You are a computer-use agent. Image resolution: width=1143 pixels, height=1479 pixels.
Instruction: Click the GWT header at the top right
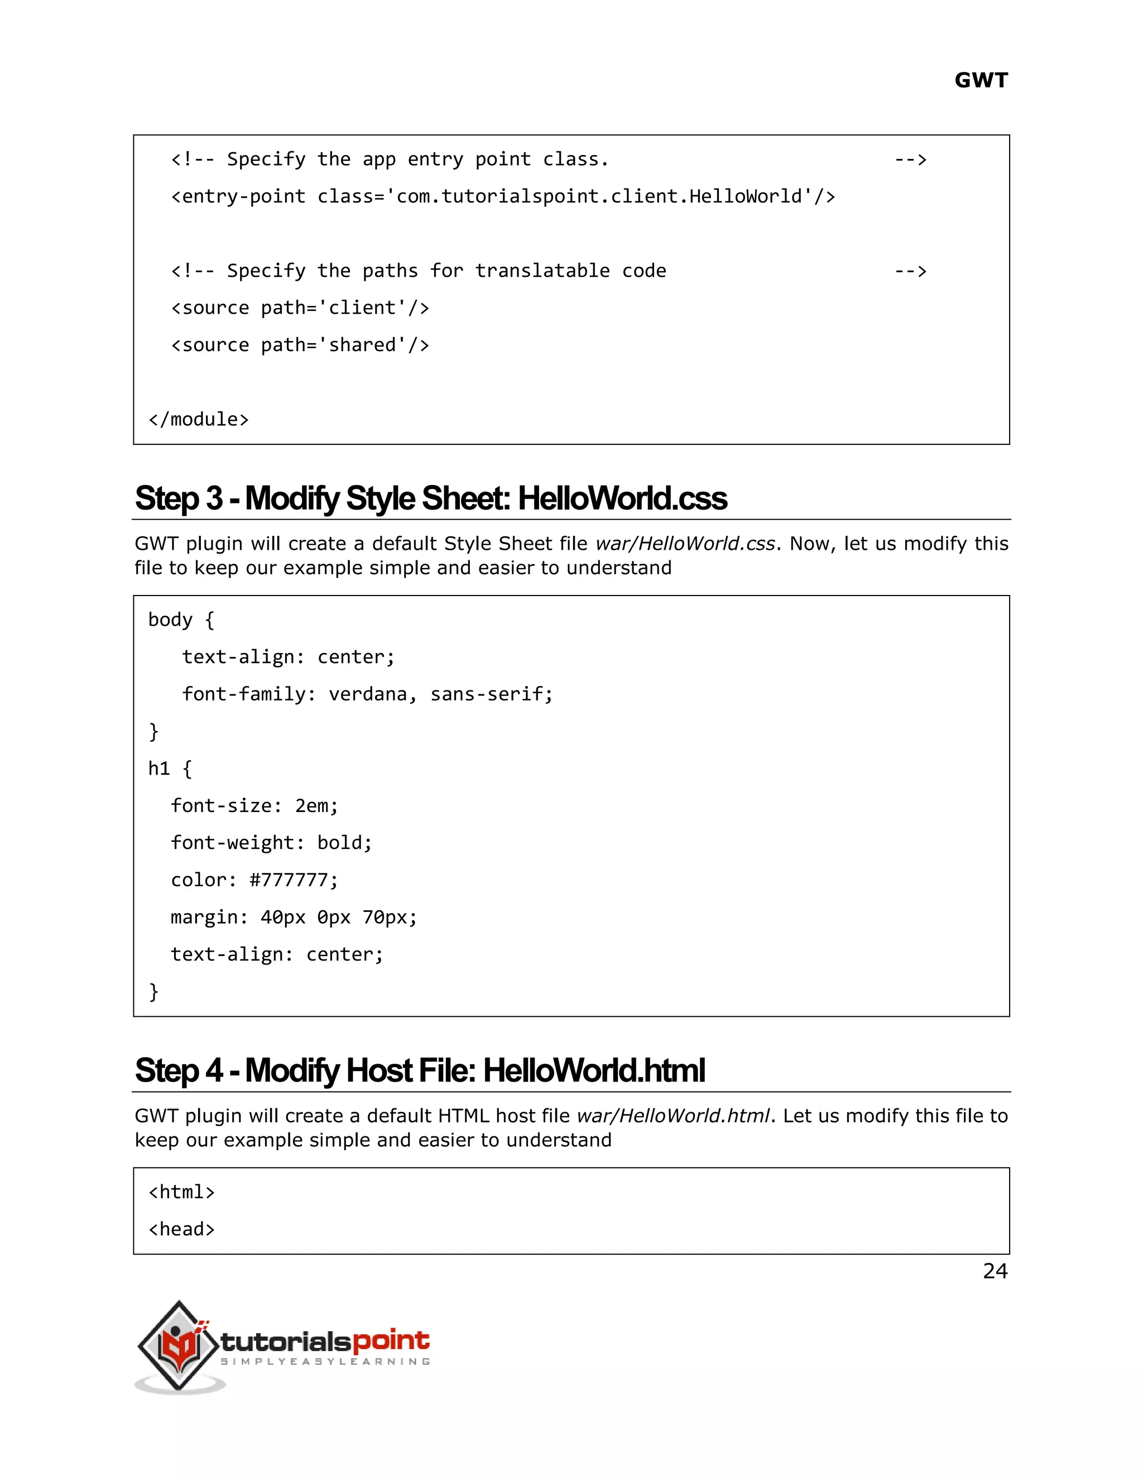pyautogui.click(x=981, y=80)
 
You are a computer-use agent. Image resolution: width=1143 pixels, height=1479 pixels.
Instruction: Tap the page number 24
pyautogui.click(x=995, y=1271)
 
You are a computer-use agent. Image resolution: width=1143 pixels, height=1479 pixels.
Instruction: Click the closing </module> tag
pyautogui.click(x=198, y=420)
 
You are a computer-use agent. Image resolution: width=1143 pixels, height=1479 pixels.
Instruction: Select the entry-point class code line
pyautogui.click(x=503, y=197)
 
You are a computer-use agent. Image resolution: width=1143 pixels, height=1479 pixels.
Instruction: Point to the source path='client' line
pyautogui.click(x=300, y=308)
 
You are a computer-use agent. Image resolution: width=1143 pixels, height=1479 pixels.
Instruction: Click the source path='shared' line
pyautogui.click(x=300, y=345)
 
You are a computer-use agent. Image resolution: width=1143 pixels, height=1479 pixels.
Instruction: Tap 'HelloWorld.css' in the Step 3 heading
pyautogui.click(x=622, y=498)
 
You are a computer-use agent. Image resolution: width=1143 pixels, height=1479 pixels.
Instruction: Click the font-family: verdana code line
pyautogui.click(x=368, y=694)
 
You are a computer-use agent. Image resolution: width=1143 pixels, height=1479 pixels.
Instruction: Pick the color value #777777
pyautogui.click(x=292, y=880)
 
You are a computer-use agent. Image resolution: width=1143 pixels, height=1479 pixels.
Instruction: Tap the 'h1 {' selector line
pyautogui.click(x=170, y=769)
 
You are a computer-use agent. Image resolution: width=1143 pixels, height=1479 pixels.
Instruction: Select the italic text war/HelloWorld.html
pyautogui.click(x=673, y=1116)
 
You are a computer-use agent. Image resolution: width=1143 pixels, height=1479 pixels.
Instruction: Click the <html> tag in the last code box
pyautogui.click(x=181, y=1192)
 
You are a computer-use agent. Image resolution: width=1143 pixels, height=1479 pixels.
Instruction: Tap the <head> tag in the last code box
pyautogui.click(x=181, y=1229)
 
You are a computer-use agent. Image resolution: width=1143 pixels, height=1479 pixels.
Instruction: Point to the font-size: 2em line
pyautogui.click(x=254, y=806)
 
